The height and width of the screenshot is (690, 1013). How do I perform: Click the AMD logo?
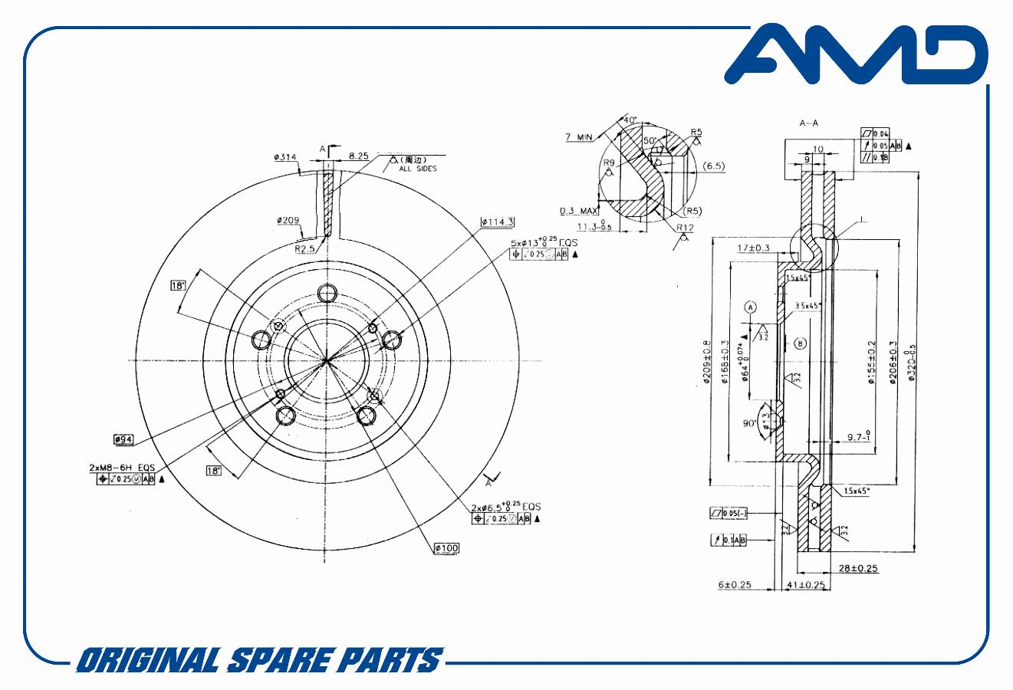(x=855, y=55)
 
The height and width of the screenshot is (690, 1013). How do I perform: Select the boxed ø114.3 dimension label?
(x=497, y=222)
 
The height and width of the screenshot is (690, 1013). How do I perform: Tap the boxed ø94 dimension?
(x=123, y=439)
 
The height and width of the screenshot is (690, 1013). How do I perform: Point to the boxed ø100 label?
(x=446, y=548)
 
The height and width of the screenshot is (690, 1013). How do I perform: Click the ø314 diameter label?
(x=285, y=157)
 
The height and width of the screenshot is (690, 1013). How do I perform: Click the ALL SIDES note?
(x=417, y=169)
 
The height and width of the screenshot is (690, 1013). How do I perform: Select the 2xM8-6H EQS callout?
(x=122, y=467)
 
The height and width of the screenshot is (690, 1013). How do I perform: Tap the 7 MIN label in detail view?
(x=580, y=136)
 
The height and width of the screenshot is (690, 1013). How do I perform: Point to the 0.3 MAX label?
(x=578, y=210)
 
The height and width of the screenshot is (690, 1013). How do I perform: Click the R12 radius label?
(x=685, y=227)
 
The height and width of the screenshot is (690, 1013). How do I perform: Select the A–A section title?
(x=809, y=123)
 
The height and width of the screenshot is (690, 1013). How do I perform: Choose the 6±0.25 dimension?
(x=734, y=585)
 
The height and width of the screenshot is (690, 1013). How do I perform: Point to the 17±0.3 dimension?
(x=753, y=248)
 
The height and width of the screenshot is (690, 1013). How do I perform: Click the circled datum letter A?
(x=751, y=307)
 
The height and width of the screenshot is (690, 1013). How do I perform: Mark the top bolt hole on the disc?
(x=328, y=293)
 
